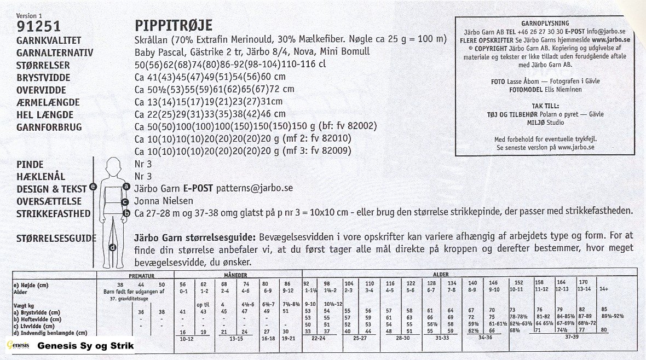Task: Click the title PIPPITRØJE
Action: click(x=173, y=26)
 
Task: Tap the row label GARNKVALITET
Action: click(x=49, y=40)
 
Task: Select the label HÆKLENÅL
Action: click(x=41, y=176)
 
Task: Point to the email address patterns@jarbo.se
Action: click(x=255, y=188)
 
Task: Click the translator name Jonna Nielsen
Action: click(x=161, y=201)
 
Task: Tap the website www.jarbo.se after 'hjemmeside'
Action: click(x=610, y=40)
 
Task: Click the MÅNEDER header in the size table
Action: click(x=236, y=275)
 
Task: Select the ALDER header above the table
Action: click(x=441, y=275)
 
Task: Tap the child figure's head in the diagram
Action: click(x=114, y=165)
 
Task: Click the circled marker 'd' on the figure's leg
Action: click(x=112, y=247)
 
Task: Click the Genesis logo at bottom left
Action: click(x=17, y=346)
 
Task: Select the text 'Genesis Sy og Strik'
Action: click(x=85, y=346)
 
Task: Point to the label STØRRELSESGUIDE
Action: click(x=56, y=238)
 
